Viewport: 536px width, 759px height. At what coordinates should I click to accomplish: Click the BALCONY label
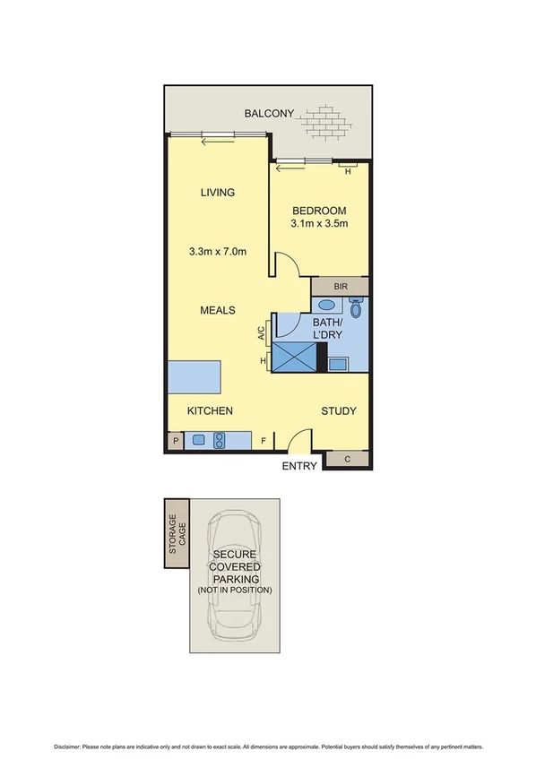pyautogui.click(x=269, y=114)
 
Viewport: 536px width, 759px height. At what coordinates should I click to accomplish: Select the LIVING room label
pyautogui.click(x=217, y=193)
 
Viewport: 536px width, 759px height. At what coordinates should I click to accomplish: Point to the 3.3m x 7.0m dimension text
pyautogui.click(x=217, y=252)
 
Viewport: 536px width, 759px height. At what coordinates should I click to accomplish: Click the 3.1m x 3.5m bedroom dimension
pyautogui.click(x=319, y=224)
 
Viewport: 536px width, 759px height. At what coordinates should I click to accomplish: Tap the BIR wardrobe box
pyautogui.click(x=340, y=287)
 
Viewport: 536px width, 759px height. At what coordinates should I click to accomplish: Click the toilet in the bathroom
pyautogui.click(x=356, y=308)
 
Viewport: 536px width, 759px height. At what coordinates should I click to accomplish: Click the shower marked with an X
pyautogui.click(x=296, y=357)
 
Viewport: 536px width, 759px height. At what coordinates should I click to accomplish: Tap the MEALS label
pyautogui.click(x=217, y=310)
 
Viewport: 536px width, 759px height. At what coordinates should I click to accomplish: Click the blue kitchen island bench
pyautogui.click(x=193, y=377)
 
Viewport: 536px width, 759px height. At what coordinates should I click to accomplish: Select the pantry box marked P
pyautogui.click(x=174, y=440)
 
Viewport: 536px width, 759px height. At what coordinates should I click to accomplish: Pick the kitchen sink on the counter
pyautogui.click(x=199, y=440)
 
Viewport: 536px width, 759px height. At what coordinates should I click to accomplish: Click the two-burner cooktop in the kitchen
pyautogui.click(x=219, y=440)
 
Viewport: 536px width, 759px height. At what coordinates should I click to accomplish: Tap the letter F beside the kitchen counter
pyautogui.click(x=264, y=441)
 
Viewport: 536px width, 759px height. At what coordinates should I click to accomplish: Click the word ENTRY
pyautogui.click(x=298, y=467)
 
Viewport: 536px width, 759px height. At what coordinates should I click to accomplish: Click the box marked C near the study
pyautogui.click(x=347, y=459)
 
